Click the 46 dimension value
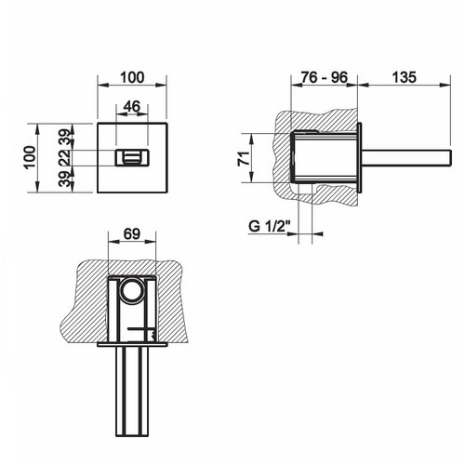click(132, 107)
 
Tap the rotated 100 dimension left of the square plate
click(30, 157)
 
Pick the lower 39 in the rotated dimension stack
click(62, 180)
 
